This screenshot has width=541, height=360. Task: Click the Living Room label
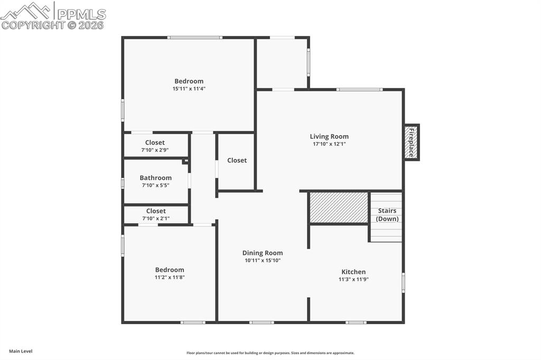[x=329, y=136]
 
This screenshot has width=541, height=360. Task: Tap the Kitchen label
[x=353, y=272]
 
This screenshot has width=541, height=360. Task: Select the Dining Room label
[x=263, y=253]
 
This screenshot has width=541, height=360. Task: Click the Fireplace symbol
[x=412, y=143]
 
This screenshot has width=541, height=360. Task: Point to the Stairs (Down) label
[x=387, y=215]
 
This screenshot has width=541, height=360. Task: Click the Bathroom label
[x=155, y=178]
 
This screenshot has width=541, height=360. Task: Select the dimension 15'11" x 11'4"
[x=189, y=89]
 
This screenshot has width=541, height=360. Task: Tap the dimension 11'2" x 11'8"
[x=170, y=277]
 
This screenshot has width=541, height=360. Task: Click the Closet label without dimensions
[x=237, y=160]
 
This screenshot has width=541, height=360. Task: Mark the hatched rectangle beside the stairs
[x=339, y=207]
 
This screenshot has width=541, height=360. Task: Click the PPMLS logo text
[x=81, y=14]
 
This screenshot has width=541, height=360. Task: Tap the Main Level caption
[x=21, y=351]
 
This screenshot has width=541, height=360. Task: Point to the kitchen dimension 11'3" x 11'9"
[x=353, y=279]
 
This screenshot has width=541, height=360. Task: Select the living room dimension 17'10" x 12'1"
[x=329, y=144]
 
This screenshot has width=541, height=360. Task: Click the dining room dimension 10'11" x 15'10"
[x=263, y=260]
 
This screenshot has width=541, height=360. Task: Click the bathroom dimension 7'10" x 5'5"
[x=155, y=185]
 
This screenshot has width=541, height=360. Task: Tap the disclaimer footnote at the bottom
[x=270, y=353]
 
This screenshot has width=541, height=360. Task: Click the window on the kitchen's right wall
[x=403, y=282]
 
